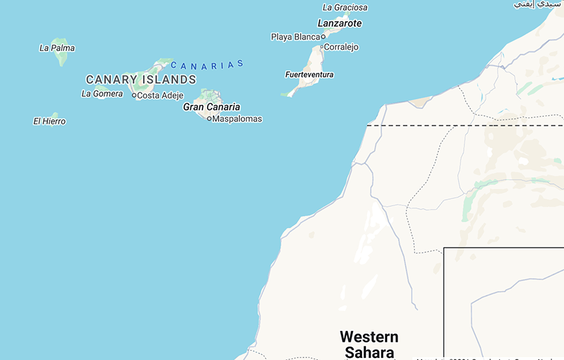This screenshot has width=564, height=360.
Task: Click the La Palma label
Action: pos(57,48)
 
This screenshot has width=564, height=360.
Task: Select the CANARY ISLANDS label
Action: pos(141,79)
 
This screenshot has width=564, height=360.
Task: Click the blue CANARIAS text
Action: pos(207,65)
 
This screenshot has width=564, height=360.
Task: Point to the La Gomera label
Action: pos(102,94)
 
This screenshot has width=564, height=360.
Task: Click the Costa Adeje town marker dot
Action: pos(134,96)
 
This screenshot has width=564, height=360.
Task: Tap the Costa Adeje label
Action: pos(160,96)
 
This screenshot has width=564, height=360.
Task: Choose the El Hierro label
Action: pos(49,122)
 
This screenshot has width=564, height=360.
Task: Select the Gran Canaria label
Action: pos(211,107)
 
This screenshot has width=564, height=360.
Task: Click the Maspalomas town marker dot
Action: pos(209,119)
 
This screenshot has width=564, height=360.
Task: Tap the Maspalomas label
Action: pos(237,119)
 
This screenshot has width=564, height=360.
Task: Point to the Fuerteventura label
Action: pos(309,75)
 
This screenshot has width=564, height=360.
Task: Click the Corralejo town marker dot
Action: pos(321,47)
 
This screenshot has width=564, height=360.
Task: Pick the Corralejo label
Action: pos(342,47)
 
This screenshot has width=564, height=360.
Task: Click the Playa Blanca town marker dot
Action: pos(323,37)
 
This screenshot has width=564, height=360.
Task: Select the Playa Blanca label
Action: pos(296,37)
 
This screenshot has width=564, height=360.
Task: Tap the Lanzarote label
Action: pos(340,23)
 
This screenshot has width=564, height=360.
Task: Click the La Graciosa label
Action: pos(345,8)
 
